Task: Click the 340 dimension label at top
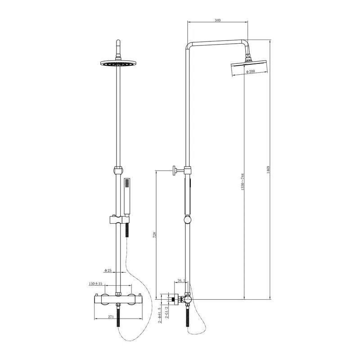(218, 20)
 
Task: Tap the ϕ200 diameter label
(251, 72)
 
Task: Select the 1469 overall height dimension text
(267, 170)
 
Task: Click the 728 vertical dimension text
(154, 235)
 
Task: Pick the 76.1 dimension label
(181, 281)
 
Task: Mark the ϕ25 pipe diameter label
(108, 270)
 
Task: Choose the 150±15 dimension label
(95, 284)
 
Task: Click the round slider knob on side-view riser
(187, 220)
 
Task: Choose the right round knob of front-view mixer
(133, 299)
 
